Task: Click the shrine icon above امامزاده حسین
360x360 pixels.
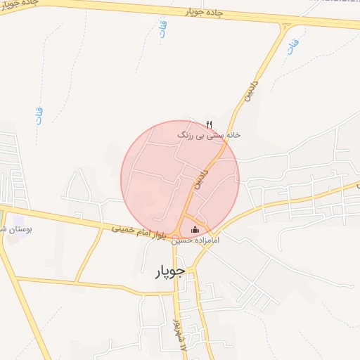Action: (x=195, y=229)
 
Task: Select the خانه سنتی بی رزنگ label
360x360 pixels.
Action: (x=208, y=134)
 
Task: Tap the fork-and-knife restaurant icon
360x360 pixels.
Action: (x=209, y=124)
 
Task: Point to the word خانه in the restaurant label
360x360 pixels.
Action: (x=231, y=134)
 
